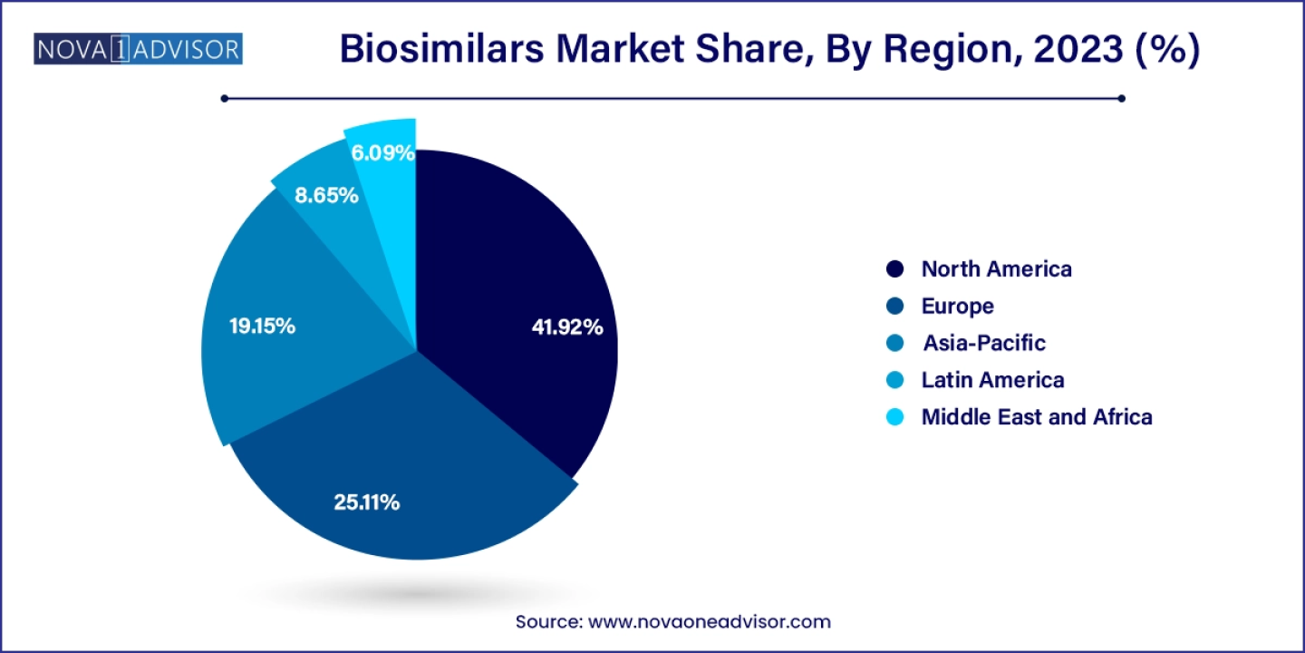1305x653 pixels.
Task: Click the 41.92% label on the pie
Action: (x=567, y=328)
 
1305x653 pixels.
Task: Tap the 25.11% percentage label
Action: (x=367, y=502)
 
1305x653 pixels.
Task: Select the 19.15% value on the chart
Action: (x=262, y=326)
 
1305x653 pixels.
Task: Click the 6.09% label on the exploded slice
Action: (x=383, y=153)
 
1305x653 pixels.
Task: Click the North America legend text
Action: (x=996, y=269)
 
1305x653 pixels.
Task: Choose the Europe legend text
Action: (x=957, y=307)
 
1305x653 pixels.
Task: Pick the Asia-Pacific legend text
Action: (x=983, y=344)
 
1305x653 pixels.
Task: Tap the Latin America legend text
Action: (x=992, y=380)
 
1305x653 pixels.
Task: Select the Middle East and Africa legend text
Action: (x=1037, y=417)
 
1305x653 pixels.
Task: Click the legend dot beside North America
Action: (x=895, y=269)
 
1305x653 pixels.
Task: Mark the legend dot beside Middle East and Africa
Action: (x=895, y=417)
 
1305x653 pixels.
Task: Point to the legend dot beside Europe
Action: (x=895, y=307)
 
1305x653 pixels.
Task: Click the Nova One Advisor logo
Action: (x=138, y=49)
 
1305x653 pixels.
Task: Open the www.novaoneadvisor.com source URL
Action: (x=710, y=622)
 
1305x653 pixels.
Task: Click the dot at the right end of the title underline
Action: (x=1122, y=98)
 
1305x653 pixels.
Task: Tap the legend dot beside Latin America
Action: (x=895, y=380)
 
